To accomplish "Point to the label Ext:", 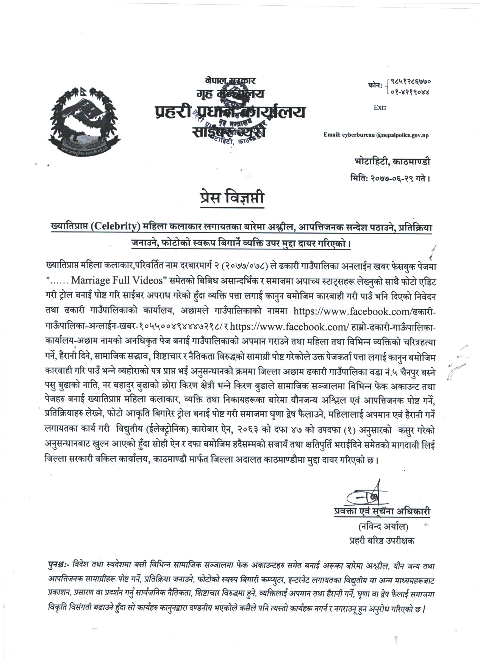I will pos(380,108).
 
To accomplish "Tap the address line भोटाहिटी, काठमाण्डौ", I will pos(390,162).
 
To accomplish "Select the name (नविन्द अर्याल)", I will pos(381,527).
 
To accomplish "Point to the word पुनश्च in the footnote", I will pos(55,567).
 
